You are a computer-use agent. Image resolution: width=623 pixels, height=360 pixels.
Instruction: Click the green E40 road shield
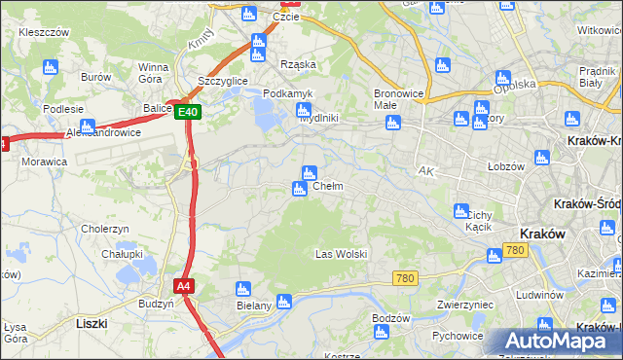click(x=189, y=112)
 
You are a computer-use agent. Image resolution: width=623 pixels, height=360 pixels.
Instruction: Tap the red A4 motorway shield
click(x=183, y=286)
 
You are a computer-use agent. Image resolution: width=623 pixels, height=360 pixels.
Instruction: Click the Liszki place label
click(x=90, y=322)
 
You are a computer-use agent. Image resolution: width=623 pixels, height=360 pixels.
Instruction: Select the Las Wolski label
click(x=341, y=254)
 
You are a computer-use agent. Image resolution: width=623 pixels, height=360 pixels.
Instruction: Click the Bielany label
click(x=241, y=306)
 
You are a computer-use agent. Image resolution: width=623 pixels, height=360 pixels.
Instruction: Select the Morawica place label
click(x=44, y=162)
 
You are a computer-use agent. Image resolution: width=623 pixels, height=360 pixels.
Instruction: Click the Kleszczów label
click(x=44, y=32)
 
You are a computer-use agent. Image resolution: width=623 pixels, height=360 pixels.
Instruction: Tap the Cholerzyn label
click(x=106, y=229)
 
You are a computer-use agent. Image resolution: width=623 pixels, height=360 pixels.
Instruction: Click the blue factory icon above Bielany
click(x=242, y=289)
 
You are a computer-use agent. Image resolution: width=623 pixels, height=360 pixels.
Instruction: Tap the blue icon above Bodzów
click(x=381, y=333)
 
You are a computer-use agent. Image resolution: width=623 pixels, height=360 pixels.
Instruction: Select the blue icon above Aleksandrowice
click(x=87, y=126)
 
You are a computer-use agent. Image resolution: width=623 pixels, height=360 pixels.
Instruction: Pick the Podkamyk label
click(x=288, y=93)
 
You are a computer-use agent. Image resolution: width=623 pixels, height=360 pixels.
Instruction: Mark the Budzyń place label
click(x=156, y=304)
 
